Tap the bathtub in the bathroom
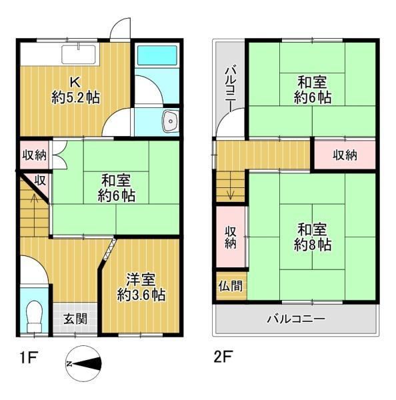tap(157, 55)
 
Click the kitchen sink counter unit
tap(79, 54)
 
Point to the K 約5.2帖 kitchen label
tap(75, 90)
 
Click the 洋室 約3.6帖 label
tap(141, 287)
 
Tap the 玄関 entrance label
tap(75, 319)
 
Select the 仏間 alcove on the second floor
tap(231, 286)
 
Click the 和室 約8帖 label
tap(312, 237)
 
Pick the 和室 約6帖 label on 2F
tap(312, 90)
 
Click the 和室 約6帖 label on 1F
tap(117, 187)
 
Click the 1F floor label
tap(28, 357)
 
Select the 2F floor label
tap(223, 357)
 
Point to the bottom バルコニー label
tap(296, 319)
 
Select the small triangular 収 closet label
tap(40, 181)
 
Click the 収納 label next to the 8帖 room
tap(231, 237)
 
